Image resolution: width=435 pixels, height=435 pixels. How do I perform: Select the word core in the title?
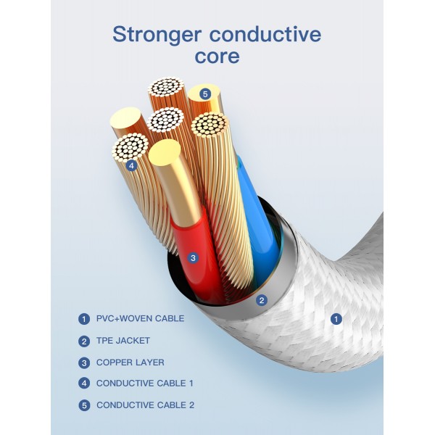click(217, 56)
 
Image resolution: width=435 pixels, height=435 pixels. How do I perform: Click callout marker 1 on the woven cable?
click(336, 318)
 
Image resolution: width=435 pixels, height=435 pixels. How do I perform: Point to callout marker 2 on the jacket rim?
click(262, 299)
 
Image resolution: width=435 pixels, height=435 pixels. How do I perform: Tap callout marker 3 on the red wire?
click(193, 257)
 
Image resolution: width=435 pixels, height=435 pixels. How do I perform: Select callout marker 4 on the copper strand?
click(131, 165)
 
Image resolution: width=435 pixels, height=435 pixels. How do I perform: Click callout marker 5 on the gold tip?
click(205, 94)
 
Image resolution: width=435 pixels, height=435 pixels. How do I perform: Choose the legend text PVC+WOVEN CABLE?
click(140, 318)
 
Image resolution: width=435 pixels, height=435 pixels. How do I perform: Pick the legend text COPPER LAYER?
click(130, 362)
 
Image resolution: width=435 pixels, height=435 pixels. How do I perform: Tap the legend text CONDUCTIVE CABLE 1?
click(145, 384)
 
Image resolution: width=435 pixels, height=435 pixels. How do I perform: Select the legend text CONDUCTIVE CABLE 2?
click(145, 405)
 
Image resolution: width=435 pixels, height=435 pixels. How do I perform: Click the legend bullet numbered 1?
click(84, 318)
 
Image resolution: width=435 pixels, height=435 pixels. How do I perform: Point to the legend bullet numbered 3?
click(84, 362)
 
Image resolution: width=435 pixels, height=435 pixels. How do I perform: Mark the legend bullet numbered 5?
click(84, 405)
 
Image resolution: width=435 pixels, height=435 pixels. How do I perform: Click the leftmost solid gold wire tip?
click(125, 120)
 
